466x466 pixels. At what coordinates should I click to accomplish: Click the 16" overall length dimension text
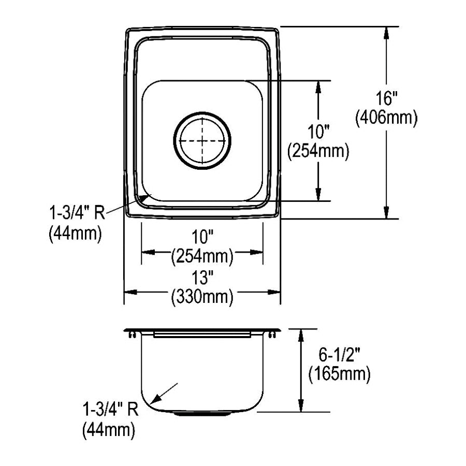(x=386, y=98)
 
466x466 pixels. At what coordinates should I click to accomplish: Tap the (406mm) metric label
(x=386, y=118)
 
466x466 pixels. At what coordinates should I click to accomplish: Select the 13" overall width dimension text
(x=202, y=278)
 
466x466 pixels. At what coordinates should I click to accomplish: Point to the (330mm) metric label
(x=202, y=297)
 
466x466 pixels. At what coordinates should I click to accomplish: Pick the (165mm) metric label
(x=339, y=374)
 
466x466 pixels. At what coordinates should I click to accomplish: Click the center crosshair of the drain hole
(x=202, y=140)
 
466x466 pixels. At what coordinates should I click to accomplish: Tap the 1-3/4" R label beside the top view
(x=77, y=213)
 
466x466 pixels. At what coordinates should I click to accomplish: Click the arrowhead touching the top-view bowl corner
(x=145, y=197)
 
